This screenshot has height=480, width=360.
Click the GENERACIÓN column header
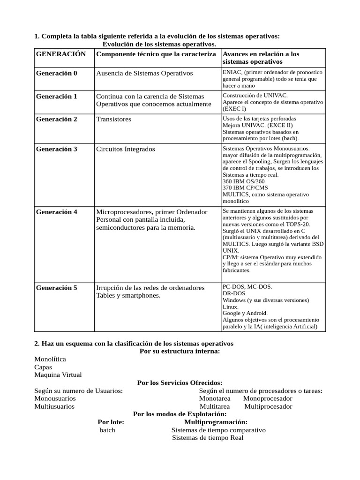click(x=61, y=54)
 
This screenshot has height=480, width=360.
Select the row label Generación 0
click(x=57, y=73)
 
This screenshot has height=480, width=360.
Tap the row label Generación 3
click(x=57, y=149)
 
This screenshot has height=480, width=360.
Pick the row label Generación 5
click(x=57, y=287)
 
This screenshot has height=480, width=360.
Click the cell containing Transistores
click(x=113, y=119)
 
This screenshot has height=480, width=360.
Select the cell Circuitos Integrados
click(x=125, y=149)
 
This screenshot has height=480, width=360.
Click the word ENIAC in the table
click(x=232, y=73)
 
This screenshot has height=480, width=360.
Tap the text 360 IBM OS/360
click(x=244, y=181)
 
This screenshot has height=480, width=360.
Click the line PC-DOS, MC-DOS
click(x=247, y=286)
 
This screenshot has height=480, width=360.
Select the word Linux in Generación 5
click(x=231, y=306)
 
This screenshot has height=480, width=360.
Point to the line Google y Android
click(x=245, y=313)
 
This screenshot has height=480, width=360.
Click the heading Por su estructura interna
click(x=180, y=352)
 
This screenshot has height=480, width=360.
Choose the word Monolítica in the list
click(x=50, y=359)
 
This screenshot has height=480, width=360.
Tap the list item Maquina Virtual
click(x=58, y=375)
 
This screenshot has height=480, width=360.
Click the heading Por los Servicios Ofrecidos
click(x=180, y=383)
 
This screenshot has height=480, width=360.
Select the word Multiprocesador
click(x=268, y=406)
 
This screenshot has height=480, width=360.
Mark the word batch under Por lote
click(x=107, y=430)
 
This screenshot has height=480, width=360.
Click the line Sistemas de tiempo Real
click(x=208, y=438)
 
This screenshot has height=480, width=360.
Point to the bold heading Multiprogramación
click(x=216, y=422)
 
